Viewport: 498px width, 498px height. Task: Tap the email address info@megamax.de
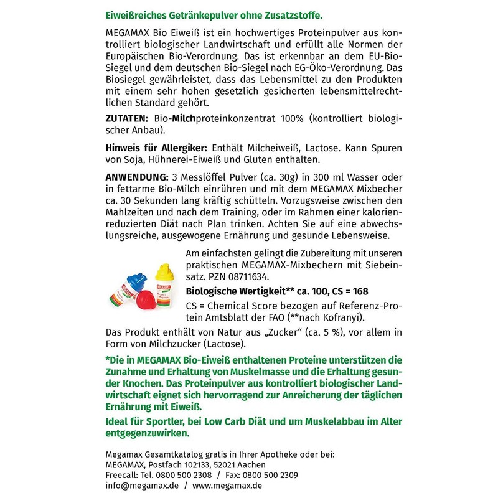(x=133, y=486)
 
